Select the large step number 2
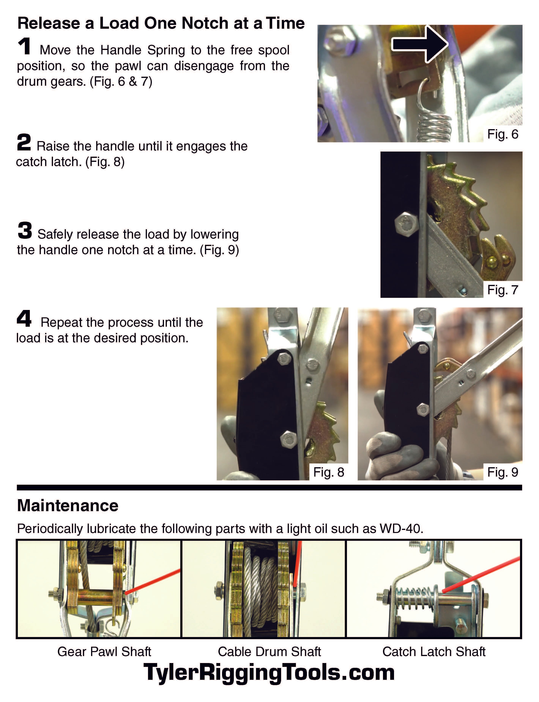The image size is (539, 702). [24, 142]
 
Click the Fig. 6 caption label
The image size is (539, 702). [502, 134]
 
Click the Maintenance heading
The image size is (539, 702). [68, 506]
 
